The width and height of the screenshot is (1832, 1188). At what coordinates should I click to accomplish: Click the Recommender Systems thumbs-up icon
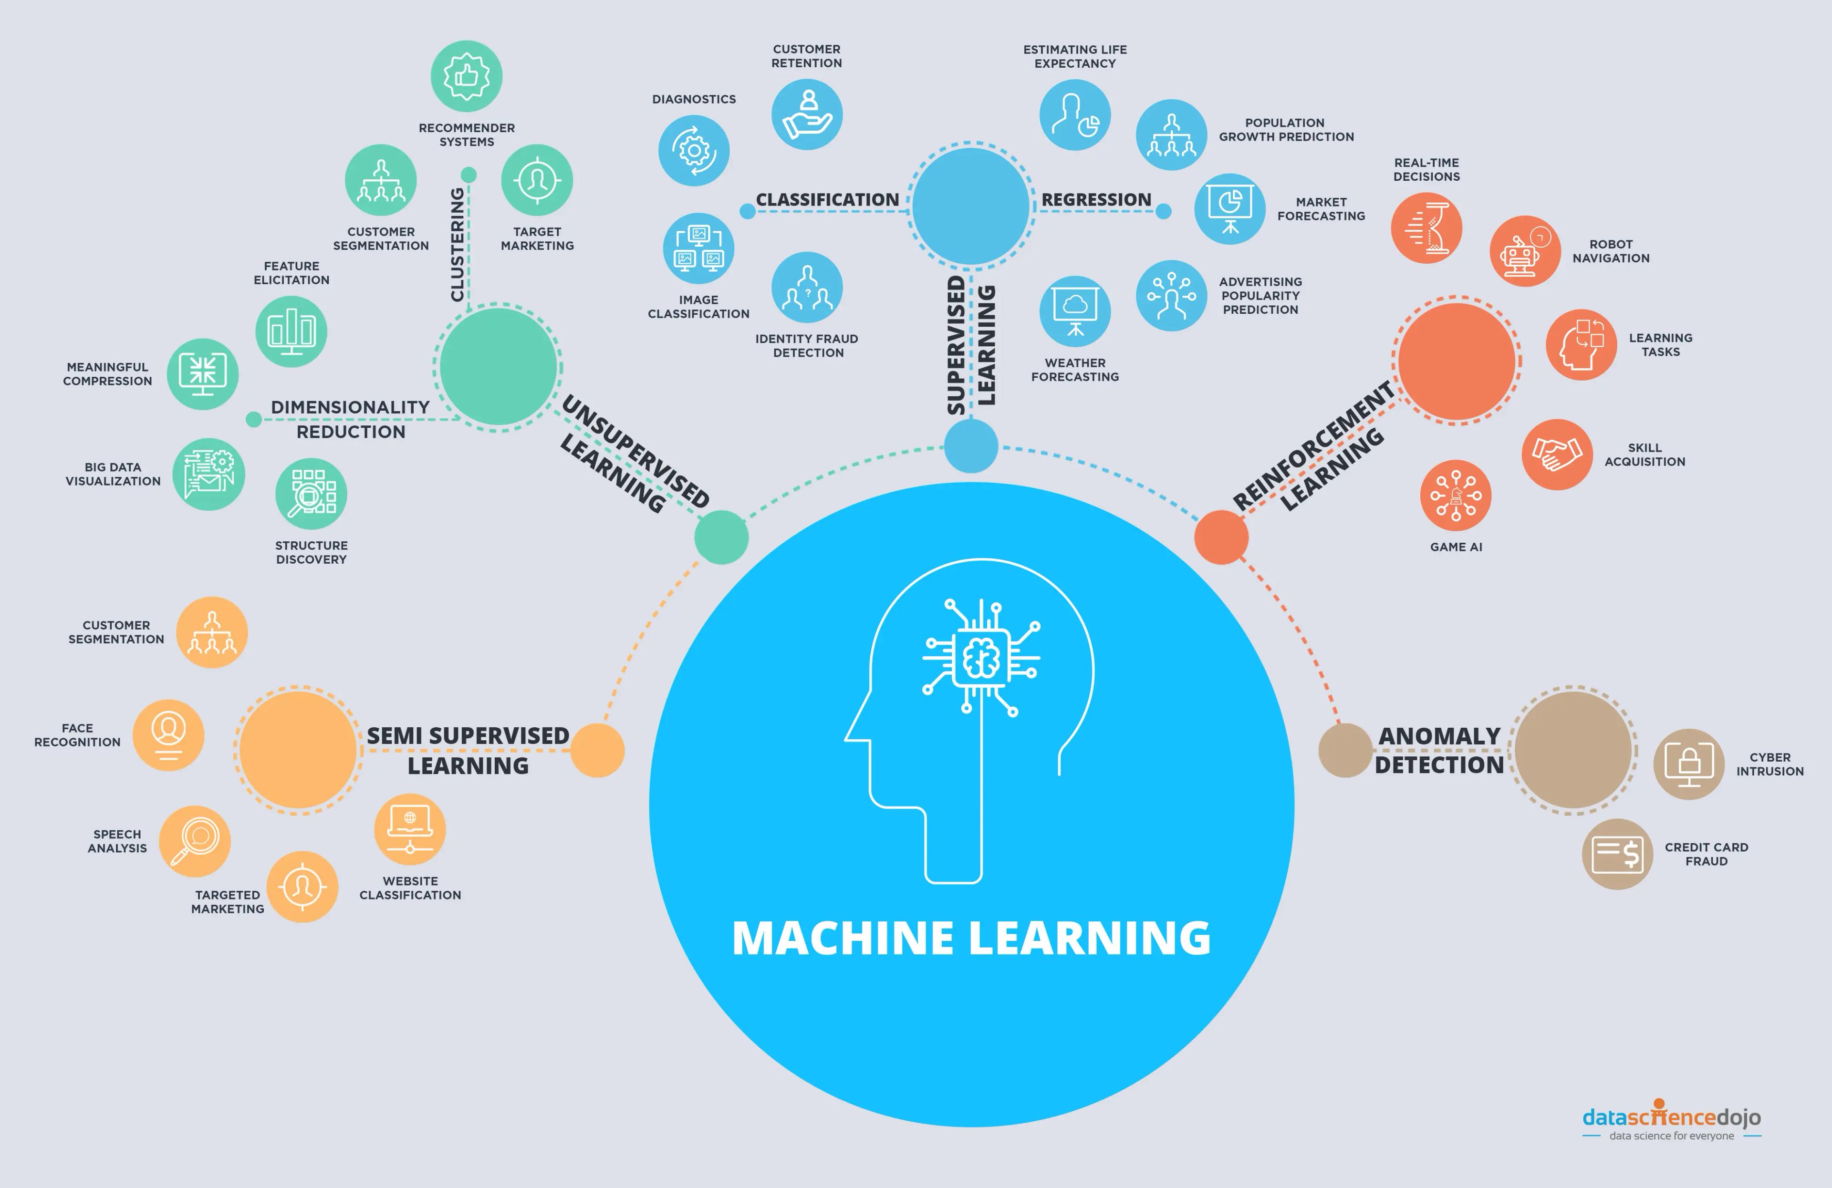(467, 76)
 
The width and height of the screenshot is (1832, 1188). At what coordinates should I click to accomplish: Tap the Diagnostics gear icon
(694, 150)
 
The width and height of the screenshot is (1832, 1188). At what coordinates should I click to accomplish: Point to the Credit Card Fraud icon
(1617, 854)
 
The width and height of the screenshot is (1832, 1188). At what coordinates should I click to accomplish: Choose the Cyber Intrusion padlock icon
(1689, 764)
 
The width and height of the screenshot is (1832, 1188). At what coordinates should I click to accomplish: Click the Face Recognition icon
(168, 735)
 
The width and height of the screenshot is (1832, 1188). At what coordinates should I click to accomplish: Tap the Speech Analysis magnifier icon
(195, 841)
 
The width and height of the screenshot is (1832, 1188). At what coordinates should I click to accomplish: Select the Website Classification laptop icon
(409, 829)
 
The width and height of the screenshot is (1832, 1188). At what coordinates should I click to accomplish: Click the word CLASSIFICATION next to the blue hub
(827, 200)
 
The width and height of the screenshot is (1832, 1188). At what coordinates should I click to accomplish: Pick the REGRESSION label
(1096, 200)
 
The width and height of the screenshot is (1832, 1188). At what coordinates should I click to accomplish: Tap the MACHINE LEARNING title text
(971, 938)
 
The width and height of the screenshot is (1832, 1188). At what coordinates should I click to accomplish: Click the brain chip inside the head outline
(981, 658)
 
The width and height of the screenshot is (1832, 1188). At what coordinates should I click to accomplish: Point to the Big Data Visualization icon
(208, 474)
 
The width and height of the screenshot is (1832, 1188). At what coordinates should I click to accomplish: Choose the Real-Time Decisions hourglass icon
(1426, 228)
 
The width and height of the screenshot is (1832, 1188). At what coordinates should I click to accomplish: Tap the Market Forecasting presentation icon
(1229, 208)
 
